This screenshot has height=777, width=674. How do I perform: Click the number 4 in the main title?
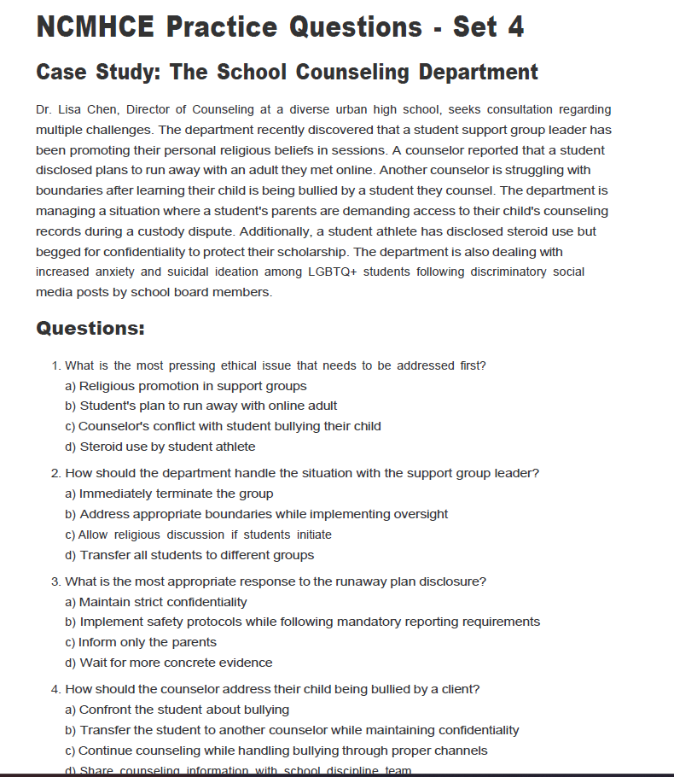tap(514, 26)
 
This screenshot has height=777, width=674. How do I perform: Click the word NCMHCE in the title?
tap(96, 26)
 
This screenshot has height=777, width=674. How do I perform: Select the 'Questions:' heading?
tap(90, 329)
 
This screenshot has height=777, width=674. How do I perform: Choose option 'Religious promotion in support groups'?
tap(193, 386)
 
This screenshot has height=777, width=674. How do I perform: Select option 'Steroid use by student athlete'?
tap(167, 447)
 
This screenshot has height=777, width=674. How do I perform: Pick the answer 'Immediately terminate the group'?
tap(177, 494)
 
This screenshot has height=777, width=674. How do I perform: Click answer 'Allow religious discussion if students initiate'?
tap(205, 535)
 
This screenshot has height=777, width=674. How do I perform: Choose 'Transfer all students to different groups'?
tap(196, 555)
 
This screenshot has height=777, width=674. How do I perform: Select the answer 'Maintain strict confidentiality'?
tap(163, 602)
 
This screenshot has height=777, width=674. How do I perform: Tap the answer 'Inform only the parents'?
tap(148, 642)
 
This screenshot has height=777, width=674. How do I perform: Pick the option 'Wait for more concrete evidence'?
tap(176, 663)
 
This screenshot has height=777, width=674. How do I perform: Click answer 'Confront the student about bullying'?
tap(184, 710)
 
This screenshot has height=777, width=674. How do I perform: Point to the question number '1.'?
tap(56, 365)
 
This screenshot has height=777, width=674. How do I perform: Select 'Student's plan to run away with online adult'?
tap(208, 406)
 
